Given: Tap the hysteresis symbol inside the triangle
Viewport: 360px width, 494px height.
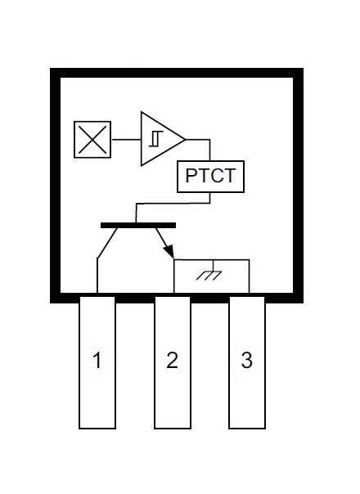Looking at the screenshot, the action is tap(155, 138).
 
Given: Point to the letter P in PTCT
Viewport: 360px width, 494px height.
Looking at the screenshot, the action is tap(191, 176).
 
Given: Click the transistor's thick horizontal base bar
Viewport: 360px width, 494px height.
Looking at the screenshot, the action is tap(138, 225).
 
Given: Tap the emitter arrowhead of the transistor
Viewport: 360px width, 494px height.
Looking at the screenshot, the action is tap(169, 252).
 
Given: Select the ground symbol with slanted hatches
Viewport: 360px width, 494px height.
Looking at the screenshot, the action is tap(209, 276).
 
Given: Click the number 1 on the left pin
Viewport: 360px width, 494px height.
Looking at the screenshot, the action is tap(97, 360).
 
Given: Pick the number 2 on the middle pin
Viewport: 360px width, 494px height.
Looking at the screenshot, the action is tap(172, 360).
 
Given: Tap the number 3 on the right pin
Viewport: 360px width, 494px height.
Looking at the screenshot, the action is tap(247, 360).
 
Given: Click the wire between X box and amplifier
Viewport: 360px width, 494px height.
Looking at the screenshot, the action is tap(127, 139).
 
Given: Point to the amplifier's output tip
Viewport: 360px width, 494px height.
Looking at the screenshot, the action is tap(185, 139).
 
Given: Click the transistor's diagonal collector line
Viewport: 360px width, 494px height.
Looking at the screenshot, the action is tap(107, 243).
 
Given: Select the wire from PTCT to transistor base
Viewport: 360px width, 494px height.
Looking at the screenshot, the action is tap(173, 204).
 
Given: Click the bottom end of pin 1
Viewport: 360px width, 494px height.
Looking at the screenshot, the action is tap(97, 428).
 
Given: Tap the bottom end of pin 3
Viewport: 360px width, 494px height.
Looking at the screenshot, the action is tap(247, 428).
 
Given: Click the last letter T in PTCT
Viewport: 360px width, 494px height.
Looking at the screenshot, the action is tap(230, 176).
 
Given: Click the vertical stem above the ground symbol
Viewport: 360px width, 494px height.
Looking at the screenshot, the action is tap(214, 265).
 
